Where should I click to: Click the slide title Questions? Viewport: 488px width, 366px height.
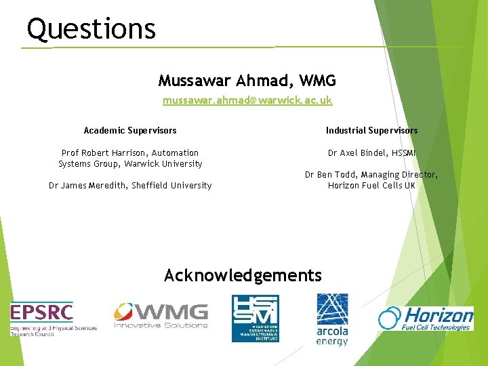(91, 29)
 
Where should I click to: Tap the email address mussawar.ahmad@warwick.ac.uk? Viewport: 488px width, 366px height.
(247, 100)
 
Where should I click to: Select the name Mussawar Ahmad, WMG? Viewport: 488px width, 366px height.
(247, 81)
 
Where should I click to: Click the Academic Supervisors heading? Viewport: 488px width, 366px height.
(130, 130)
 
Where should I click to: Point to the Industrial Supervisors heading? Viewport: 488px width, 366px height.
(371, 130)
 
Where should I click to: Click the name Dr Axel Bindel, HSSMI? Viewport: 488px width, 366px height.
(371, 153)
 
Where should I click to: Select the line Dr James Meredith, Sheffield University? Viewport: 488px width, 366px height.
(130, 186)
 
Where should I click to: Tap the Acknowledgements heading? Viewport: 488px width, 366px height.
(243, 275)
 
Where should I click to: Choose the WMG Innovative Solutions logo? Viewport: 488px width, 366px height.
(161, 316)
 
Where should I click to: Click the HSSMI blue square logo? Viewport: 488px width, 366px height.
(255, 318)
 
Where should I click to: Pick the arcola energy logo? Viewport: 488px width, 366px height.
(332, 319)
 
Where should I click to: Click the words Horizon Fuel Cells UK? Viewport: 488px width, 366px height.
(371, 186)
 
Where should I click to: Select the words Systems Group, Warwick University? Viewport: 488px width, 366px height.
(130, 164)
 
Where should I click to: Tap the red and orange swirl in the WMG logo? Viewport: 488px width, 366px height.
(123, 312)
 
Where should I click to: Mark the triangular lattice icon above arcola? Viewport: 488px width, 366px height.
(332, 308)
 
